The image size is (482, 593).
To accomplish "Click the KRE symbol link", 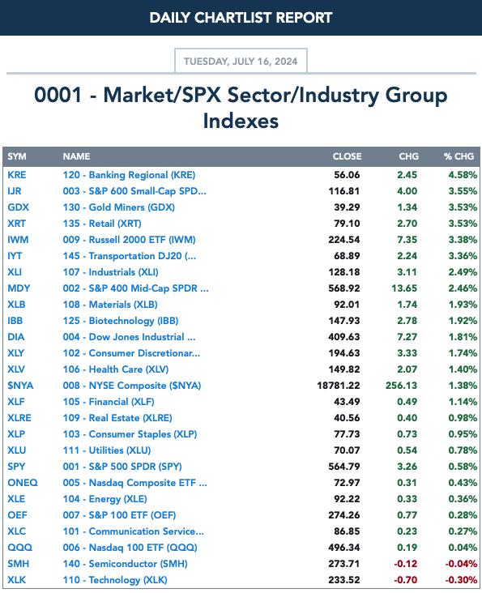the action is tap(17, 175).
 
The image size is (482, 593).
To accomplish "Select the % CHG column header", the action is tap(459, 156).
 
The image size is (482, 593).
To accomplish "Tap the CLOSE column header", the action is tap(347, 156).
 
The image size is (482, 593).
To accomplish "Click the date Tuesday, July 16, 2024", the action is tap(241, 62).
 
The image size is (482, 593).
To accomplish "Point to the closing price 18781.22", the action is tap(339, 386).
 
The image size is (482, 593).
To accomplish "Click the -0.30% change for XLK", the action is tap(461, 580).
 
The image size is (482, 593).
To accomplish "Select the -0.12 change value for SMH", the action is tap(405, 564).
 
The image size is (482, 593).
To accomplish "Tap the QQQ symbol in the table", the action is tap(19, 548).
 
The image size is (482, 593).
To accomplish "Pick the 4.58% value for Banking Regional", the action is tap(463, 175).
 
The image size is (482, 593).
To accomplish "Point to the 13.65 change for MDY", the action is tap(404, 288).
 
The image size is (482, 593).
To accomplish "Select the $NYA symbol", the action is tap(20, 386).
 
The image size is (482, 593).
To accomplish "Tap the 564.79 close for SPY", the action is tap(344, 467).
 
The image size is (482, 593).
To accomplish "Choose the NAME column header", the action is tap(76, 156).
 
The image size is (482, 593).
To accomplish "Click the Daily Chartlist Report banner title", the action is tap(241, 18).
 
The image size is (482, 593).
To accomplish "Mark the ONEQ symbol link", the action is tap(23, 483).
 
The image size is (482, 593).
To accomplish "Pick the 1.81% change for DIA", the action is tap(463, 336).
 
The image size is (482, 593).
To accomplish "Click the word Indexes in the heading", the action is tap(241, 121).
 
